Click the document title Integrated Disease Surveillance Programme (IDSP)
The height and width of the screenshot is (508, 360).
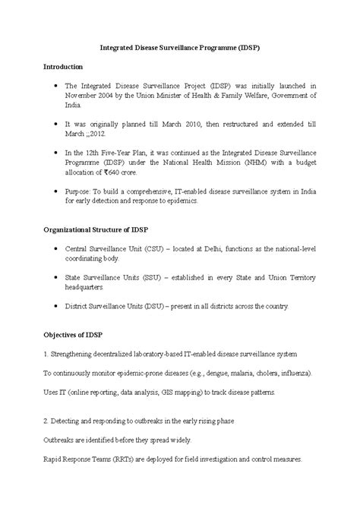coord(181,46)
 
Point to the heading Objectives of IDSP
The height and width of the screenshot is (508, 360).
coord(73,335)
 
